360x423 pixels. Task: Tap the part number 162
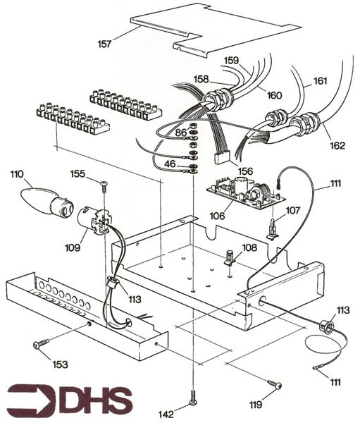(337, 145)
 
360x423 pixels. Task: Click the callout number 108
(249, 247)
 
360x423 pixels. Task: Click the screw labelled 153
(41, 344)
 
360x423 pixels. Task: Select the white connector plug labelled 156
(225, 156)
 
